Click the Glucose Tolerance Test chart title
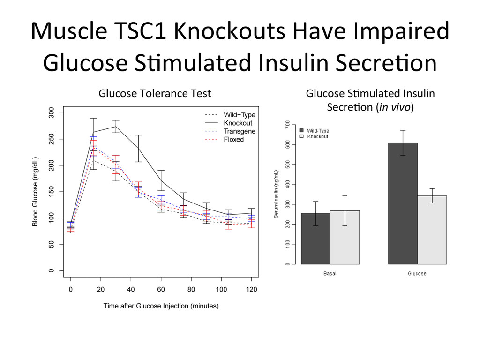tap(155, 93)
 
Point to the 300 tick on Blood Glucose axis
tap(51, 112)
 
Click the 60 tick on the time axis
tap(161, 290)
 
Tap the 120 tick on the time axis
tap(251, 290)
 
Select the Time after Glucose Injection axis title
tap(161, 306)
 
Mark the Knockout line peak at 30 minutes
tap(115, 126)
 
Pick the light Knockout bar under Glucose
tap(432, 230)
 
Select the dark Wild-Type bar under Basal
tap(315, 239)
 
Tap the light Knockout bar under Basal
tap(345, 237)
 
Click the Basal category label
tap(330, 273)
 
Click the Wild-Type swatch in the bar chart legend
tap(302, 131)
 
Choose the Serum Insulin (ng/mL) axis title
tap(277, 194)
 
